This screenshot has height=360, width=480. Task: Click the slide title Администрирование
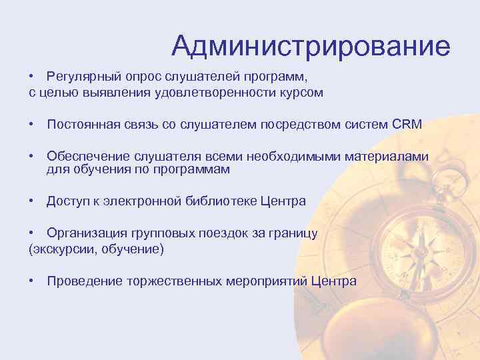click(311, 45)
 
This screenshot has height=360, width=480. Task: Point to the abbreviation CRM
click(408, 125)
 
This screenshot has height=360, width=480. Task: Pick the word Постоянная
click(81, 125)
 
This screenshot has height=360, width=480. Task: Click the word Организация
click(85, 234)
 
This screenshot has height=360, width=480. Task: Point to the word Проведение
click(84, 281)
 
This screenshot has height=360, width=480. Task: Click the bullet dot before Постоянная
click(32, 125)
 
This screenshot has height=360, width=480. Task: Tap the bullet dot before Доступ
click(32, 201)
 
